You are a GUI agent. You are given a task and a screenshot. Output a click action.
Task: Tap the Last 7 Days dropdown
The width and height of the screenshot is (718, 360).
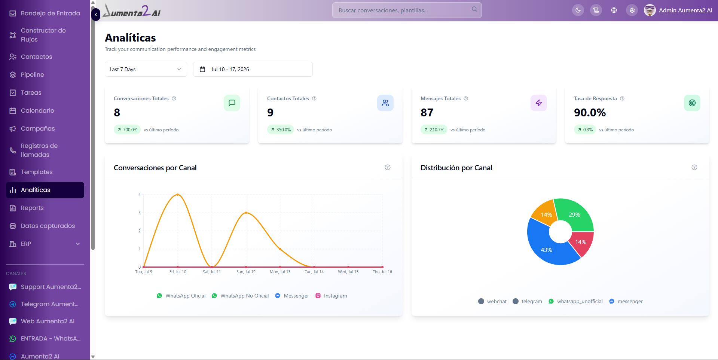click(x=146, y=69)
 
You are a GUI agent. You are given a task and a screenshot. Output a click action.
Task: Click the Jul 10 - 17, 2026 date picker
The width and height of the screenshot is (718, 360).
click(x=253, y=69)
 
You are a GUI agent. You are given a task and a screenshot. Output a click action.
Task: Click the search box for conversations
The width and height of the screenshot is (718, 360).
click(x=407, y=10)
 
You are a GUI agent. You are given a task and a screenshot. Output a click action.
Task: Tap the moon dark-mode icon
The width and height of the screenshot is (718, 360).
click(x=578, y=10)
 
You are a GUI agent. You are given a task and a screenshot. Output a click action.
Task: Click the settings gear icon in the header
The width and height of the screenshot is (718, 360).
click(x=632, y=10)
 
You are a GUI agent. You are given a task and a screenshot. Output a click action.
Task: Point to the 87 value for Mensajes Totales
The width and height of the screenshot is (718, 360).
click(x=427, y=113)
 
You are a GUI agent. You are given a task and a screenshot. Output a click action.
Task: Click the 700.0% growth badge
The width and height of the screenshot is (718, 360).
click(x=127, y=130)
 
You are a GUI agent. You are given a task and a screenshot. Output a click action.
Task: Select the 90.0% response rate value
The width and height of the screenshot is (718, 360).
click(x=590, y=113)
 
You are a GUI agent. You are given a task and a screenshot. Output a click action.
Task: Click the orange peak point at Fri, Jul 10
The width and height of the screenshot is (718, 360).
click(x=178, y=195)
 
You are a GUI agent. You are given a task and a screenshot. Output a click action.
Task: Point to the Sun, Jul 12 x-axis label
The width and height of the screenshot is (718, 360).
click(x=246, y=272)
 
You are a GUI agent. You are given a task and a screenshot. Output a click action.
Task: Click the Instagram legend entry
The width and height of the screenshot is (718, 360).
click(x=331, y=296)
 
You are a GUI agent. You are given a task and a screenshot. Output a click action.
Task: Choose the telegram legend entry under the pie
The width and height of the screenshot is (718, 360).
click(x=527, y=301)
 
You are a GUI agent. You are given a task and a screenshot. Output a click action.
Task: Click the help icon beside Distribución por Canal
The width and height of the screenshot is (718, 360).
click(x=694, y=167)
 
